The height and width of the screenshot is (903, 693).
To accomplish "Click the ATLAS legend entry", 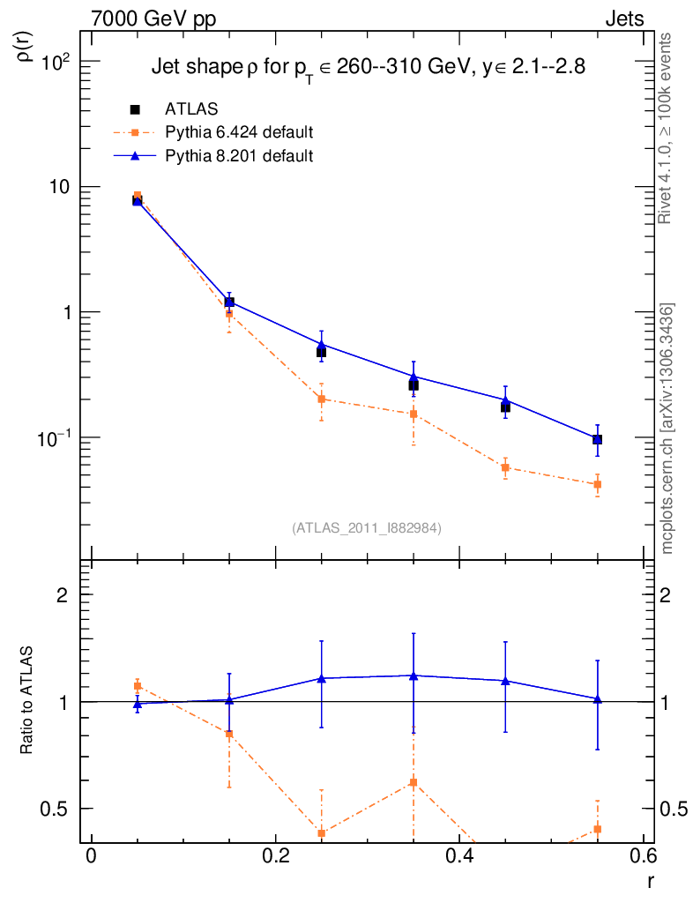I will click(x=191, y=109).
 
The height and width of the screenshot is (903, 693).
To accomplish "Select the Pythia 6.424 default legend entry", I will click(x=239, y=133).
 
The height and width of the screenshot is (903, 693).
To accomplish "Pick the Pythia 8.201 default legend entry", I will click(x=239, y=156).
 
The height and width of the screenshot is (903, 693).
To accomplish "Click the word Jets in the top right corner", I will click(x=624, y=19).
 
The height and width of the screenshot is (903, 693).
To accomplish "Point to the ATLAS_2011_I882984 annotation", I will click(x=367, y=528).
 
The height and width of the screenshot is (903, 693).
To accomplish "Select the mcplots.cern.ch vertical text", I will click(x=667, y=429).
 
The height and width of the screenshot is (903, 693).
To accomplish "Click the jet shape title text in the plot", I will click(x=368, y=67).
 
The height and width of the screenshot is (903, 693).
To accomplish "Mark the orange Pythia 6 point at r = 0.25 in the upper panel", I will click(x=322, y=399).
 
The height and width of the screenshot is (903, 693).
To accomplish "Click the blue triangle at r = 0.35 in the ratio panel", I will click(x=414, y=675).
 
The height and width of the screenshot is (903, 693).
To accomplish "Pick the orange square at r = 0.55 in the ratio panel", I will click(x=598, y=829).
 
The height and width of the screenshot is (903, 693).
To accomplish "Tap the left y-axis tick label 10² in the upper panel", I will click(x=56, y=62).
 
